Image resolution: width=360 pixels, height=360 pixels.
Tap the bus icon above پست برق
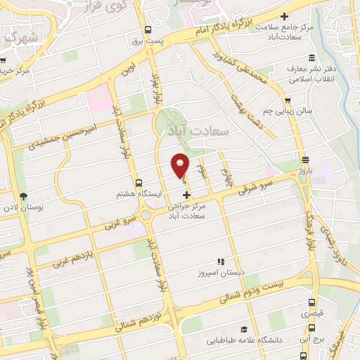pyautogui.click(x=148, y=30)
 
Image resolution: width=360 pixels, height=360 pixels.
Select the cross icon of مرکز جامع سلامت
pyautogui.click(x=284, y=16)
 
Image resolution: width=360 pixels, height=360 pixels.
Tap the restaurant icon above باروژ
pyautogui.click(x=305, y=160)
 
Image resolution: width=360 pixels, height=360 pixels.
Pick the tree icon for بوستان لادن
pyautogui.click(x=23, y=196)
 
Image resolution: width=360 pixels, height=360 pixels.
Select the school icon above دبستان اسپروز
pyautogui.click(x=219, y=261)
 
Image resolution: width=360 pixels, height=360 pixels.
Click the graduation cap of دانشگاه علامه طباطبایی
pyautogui.click(x=244, y=329)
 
